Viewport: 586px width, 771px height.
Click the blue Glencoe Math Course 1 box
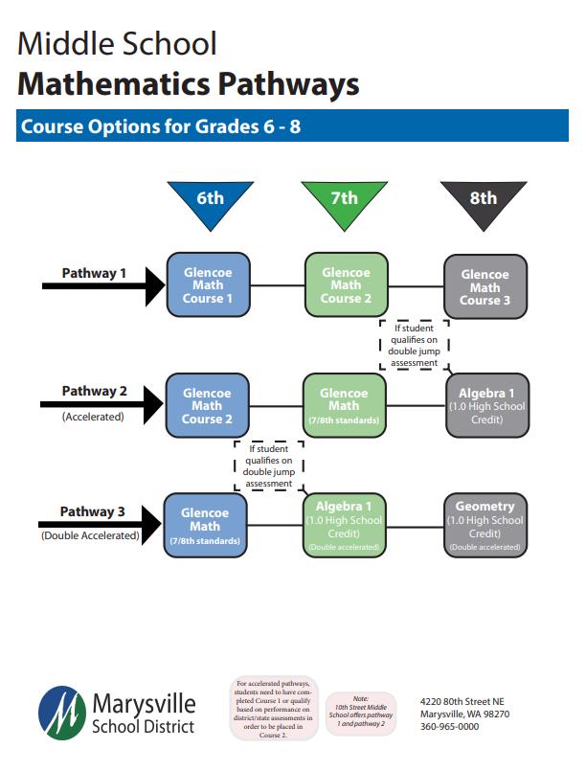pyautogui.click(x=208, y=284)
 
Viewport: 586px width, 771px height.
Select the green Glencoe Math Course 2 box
pyautogui.click(x=346, y=284)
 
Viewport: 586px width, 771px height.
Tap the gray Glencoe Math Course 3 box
pyautogui.click(x=485, y=286)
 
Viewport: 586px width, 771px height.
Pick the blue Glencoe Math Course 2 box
pyautogui.click(x=208, y=405)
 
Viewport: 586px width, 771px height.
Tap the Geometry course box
pyautogui.click(x=485, y=525)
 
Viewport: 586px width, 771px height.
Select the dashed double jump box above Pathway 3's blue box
pyautogui.click(x=268, y=465)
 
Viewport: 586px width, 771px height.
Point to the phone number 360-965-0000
pyautogui.click(x=450, y=727)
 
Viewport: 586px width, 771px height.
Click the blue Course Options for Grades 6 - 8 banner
pyautogui.click(x=292, y=125)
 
